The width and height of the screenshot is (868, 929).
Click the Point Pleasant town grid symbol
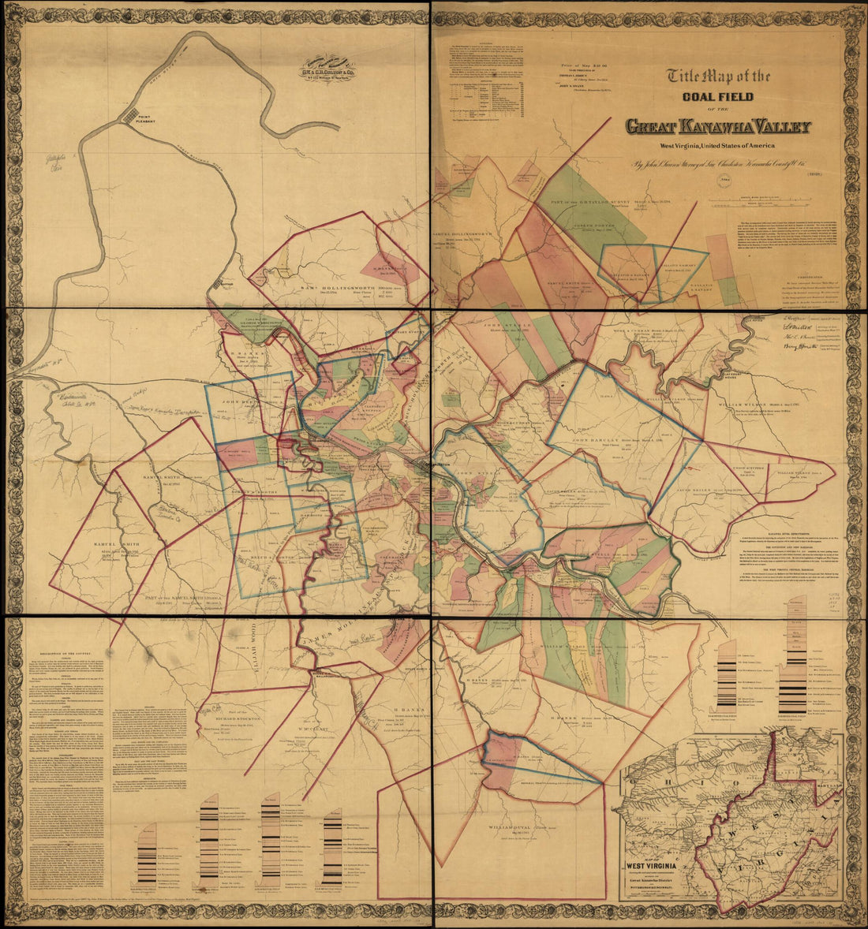(130, 115)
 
